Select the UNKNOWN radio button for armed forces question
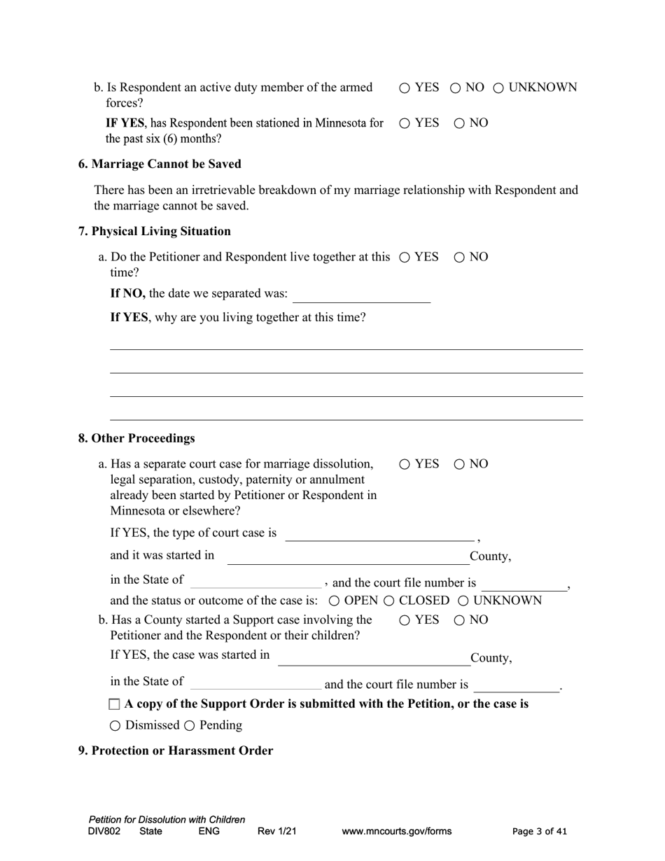[499, 88]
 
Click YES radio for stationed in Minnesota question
[405, 124]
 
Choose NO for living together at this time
[459, 258]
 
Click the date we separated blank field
[361, 295]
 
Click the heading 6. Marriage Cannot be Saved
[160, 164]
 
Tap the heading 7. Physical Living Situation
[154, 231]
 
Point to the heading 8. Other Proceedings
[136, 438]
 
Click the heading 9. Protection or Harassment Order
[175, 750]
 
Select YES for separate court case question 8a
[405, 464]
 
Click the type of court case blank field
[379, 533]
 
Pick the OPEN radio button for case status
[334, 601]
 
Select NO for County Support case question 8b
[459, 620]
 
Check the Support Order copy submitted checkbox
[115, 704]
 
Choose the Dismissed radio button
[115, 726]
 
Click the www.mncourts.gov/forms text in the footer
[396, 832]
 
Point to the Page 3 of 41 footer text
[540, 832]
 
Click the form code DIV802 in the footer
[104, 832]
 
